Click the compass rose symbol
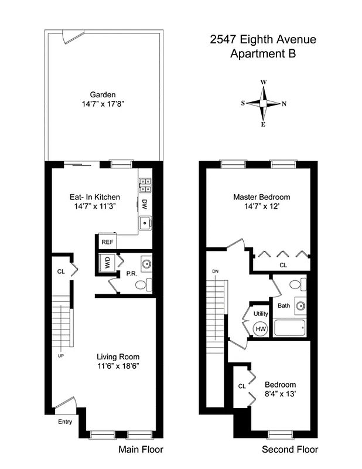pyautogui.click(x=264, y=103)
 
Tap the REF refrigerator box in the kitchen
pyautogui.click(x=107, y=242)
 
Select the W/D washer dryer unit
pyautogui.click(x=107, y=264)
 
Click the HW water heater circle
pyautogui.click(x=260, y=329)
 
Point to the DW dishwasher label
pyautogui.click(x=144, y=204)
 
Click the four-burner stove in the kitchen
pyautogui.click(x=145, y=185)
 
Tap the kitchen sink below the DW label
pyautogui.click(x=144, y=223)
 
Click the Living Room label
pyautogui.click(x=118, y=356)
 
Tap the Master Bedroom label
pyautogui.click(x=261, y=197)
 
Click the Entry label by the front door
pyautogui.click(x=64, y=422)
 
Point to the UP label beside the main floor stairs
pyautogui.click(x=60, y=355)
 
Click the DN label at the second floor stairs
pyautogui.click(x=215, y=271)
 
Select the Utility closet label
pyautogui.click(x=260, y=314)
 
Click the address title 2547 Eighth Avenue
pyautogui.click(x=263, y=40)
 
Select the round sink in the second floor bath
pyautogui.click(x=300, y=306)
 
